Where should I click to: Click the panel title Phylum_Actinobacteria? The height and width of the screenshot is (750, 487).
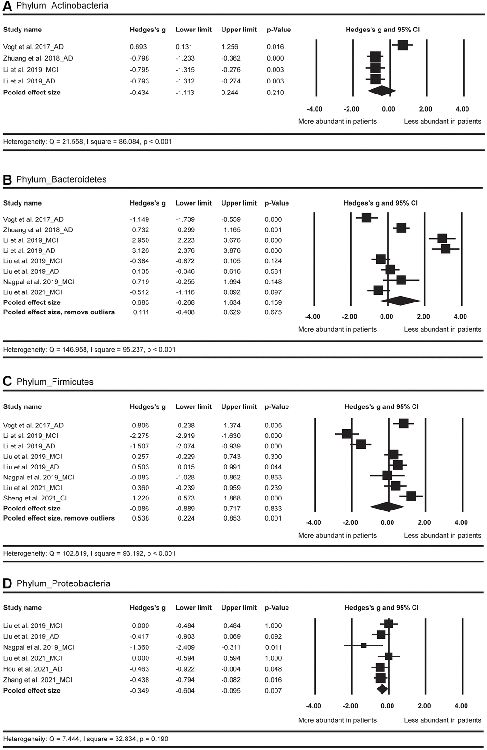[x=62, y=6]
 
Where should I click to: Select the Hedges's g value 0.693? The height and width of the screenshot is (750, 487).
[x=138, y=47]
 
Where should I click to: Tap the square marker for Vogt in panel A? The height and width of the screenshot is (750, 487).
[x=402, y=45]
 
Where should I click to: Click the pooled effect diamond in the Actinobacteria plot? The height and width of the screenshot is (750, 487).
[x=381, y=91]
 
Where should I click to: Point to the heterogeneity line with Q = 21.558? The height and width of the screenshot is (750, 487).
[x=87, y=142]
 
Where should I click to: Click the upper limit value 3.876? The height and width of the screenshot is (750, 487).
[x=231, y=250]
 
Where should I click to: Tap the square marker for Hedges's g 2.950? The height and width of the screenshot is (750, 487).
[x=442, y=239]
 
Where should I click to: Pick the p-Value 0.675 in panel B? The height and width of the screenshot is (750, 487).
[x=274, y=312]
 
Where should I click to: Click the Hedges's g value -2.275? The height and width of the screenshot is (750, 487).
[x=139, y=436]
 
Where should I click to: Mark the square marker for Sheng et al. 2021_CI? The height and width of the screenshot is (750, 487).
[x=411, y=496]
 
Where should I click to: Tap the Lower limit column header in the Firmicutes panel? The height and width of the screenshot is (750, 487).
[x=193, y=407]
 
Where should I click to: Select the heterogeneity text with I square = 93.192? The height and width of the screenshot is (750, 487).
[x=89, y=554]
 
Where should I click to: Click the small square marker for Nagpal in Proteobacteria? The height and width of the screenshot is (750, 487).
[x=364, y=646]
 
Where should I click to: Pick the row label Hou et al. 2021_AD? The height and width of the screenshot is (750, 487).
[x=32, y=669]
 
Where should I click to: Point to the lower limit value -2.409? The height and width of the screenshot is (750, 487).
[x=185, y=647]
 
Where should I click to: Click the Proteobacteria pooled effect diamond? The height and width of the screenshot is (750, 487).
[x=382, y=689]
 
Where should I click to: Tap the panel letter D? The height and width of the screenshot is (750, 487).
[x=7, y=584]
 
